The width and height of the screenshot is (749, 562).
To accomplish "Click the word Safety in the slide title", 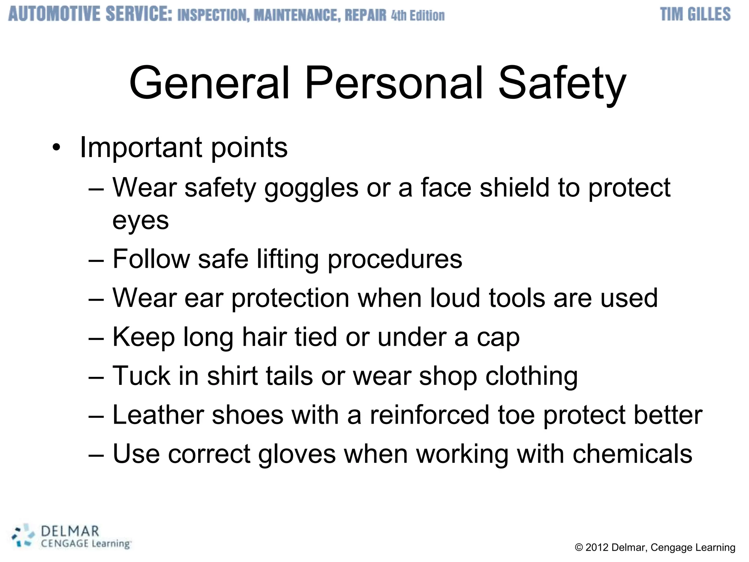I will coord(562,84).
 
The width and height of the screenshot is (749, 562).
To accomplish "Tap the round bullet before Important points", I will coord(56,148).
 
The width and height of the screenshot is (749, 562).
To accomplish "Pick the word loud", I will coord(455,298).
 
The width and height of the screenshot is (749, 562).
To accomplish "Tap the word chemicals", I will coord(632,454).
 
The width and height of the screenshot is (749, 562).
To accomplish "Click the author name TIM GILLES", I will coord(695,15).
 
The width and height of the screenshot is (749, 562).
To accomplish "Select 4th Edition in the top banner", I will coord(418,16).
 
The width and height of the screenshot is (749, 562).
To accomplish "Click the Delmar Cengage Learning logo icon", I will coord(23,536).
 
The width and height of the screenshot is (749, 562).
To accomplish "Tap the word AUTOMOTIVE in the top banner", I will coord(54,15).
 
